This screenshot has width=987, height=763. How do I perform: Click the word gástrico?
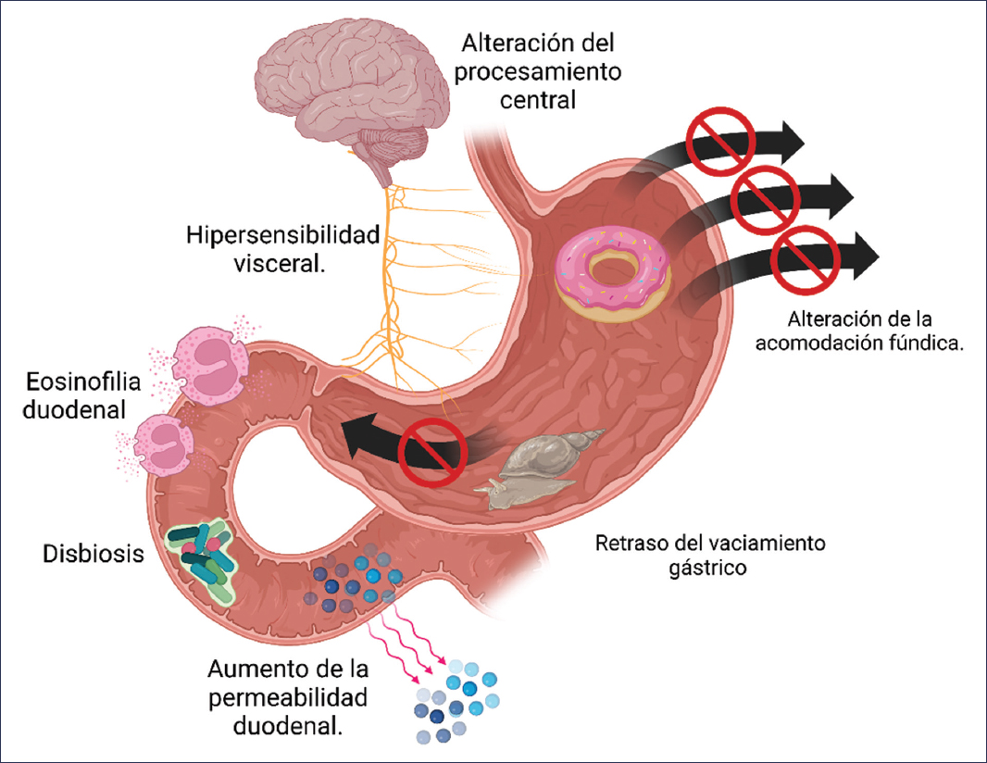(708, 566)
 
